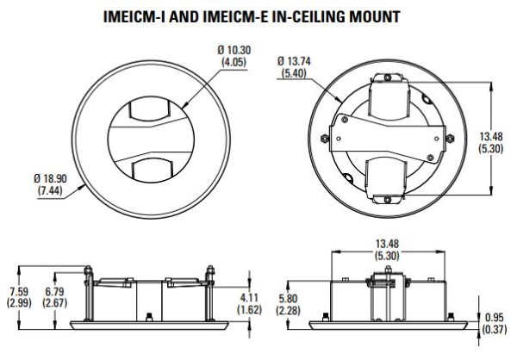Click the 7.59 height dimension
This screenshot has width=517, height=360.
pyautogui.click(x=18, y=290)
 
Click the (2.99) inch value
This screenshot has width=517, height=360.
pyautogui.click(x=18, y=302)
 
